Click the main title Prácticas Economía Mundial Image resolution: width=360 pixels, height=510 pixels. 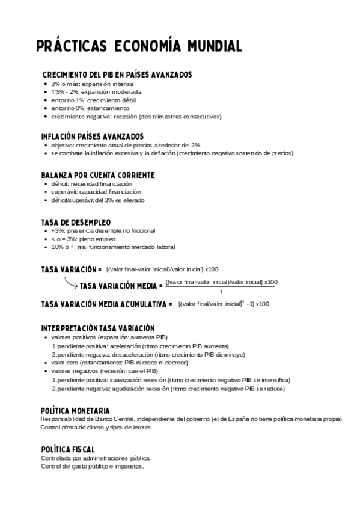[139, 46]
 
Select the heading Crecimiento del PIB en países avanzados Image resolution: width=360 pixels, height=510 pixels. [117, 74]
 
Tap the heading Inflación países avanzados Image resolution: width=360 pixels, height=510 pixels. [92, 136]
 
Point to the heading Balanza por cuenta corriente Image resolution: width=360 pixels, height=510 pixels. [98, 174]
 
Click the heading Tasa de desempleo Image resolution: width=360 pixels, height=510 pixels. [76, 222]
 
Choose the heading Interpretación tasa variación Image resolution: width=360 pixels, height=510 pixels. [98, 328]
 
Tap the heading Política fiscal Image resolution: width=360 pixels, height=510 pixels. [67, 449]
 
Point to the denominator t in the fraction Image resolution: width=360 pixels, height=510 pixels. [221, 291]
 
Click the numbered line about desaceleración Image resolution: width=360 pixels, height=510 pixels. [142, 354]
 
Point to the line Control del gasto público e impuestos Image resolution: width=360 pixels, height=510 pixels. [93, 467]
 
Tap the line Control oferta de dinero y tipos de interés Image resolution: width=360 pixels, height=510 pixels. [97, 428]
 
